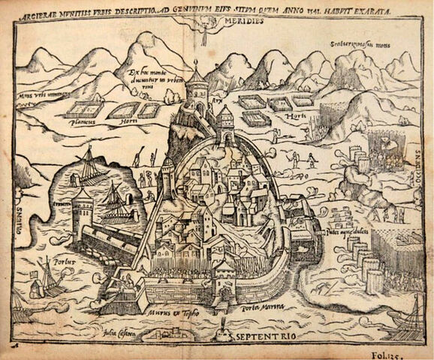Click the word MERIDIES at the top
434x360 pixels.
pyautogui.click(x=241, y=22)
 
